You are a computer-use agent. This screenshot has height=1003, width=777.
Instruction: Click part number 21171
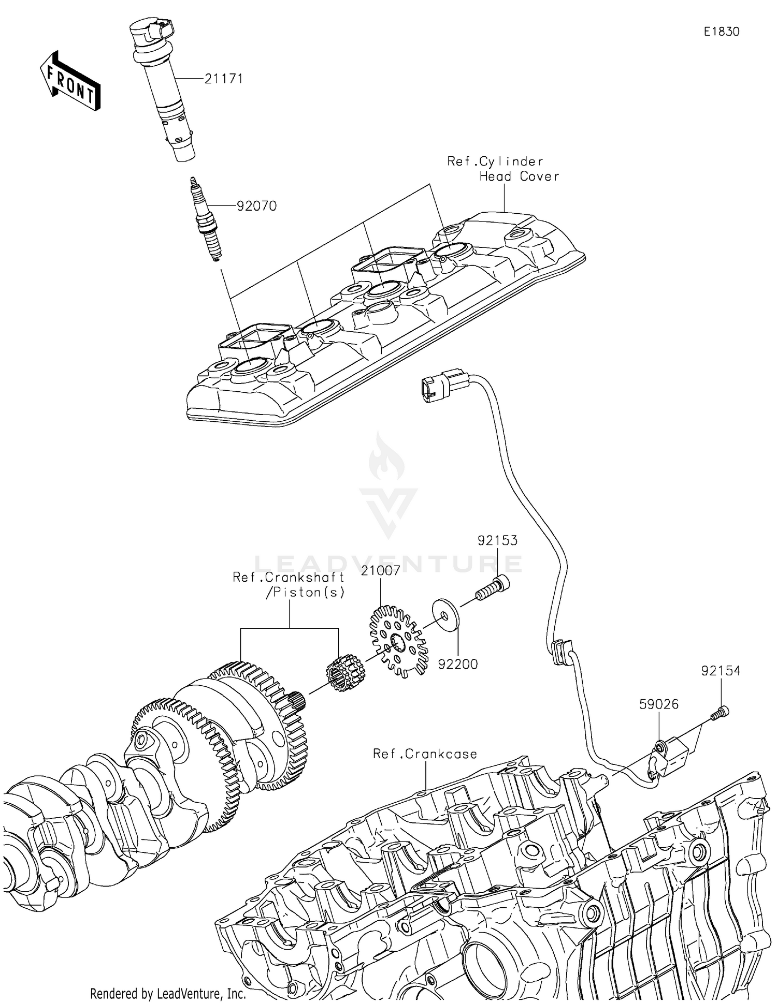[x=223, y=79]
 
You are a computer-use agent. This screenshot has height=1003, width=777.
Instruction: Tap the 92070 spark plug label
[x=256, y=206]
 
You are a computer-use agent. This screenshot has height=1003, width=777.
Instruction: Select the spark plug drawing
[x=205, y=220]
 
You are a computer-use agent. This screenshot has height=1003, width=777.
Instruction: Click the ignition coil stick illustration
[x=163, y=88]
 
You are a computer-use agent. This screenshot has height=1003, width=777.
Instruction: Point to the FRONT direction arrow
[x=70, y=82]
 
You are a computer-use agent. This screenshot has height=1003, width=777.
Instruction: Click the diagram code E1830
[x=721, y=32]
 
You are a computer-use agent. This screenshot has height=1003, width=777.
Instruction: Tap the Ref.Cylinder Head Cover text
[x=502, y=169]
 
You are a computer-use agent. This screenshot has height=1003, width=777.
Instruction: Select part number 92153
[x=497, y=540]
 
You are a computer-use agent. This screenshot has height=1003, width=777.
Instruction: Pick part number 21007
[x=381, y=571]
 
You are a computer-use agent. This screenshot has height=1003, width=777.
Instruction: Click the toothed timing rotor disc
[x=399, y=642]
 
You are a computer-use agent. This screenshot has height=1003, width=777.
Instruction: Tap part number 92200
[x=458, y=664]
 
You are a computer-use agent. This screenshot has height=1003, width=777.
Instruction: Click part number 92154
[x=721, y=671]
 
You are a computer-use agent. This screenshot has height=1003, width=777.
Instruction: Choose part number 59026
[x=659, y=704]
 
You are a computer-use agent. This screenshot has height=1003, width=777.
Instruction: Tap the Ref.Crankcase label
[x=425, y=754]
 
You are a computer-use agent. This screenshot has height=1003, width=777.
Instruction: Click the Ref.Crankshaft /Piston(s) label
[x=289, y=585]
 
